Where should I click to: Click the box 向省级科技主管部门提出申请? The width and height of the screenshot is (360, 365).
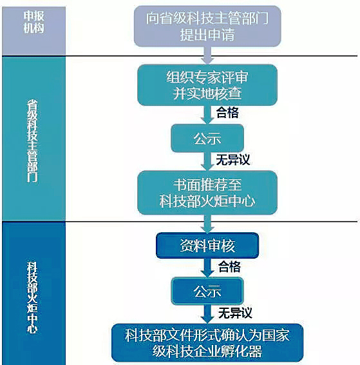tap(207, 26)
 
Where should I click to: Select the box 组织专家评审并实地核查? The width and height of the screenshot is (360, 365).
tap(207, 85)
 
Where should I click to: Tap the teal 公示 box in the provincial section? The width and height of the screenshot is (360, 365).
tap(207, 138)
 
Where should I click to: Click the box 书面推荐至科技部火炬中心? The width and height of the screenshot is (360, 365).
tap(207, 193)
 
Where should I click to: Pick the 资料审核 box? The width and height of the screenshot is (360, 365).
tap(207, 245)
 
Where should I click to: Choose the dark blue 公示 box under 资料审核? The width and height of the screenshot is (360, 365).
tap(207, 291)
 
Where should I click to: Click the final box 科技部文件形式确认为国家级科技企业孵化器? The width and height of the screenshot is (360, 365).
tap(207, 342)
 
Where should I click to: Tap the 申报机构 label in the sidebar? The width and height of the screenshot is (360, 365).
tap(33, 22)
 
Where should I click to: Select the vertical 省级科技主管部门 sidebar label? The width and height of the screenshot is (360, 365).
tap(32, 141)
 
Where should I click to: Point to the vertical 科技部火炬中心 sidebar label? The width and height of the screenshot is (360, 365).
tap(32, 297)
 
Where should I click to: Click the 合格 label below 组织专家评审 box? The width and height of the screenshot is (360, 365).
tap(227, 112)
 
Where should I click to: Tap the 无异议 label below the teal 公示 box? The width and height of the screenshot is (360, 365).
tap(233, 160)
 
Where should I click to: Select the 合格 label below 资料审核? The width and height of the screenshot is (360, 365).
tap(229, 267)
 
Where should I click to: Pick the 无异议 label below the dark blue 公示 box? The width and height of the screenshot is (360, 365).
tap(235, 313)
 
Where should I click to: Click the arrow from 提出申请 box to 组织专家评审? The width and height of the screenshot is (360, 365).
tap(207, 55)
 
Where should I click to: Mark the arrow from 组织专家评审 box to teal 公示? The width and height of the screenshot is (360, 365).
tap(207, 115)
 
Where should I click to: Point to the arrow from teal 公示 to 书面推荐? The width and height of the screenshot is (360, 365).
tap(207, 162)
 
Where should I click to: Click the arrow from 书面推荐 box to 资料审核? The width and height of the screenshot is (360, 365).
tap(207, 224)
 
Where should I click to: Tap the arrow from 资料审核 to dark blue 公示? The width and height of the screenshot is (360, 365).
tap(207, 268)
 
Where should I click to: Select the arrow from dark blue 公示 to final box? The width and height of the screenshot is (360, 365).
tap(207, 314)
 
